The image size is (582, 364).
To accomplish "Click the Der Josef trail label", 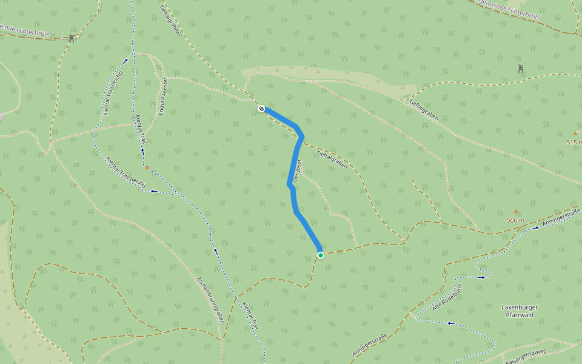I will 297,171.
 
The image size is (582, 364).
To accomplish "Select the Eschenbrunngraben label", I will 210,299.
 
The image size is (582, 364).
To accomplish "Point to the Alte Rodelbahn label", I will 447,298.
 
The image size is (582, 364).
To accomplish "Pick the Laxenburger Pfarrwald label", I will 520,311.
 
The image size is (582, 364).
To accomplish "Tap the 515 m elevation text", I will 574,142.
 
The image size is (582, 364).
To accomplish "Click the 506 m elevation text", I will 515,220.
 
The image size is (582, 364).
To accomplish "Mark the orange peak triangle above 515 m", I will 575,133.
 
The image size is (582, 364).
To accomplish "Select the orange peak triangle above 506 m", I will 516,211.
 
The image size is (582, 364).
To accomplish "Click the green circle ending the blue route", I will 321,255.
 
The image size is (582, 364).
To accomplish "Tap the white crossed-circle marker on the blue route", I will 261,109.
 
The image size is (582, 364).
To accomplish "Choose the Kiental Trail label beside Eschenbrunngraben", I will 250,316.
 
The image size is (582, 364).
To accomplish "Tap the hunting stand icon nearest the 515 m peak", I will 521,68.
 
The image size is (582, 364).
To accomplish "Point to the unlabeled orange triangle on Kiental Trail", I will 147,167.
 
